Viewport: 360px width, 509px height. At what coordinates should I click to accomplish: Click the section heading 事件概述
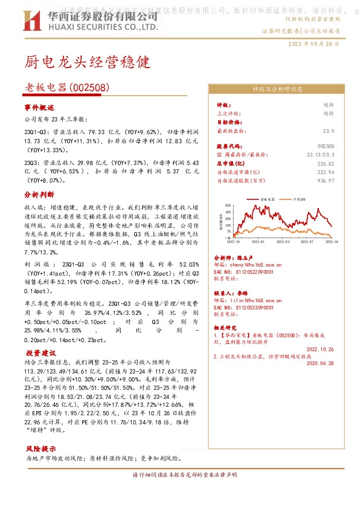point(39,107)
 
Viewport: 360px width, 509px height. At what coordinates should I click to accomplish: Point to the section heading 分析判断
point(39,195)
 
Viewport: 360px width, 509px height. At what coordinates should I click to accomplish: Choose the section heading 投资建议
point(39,352)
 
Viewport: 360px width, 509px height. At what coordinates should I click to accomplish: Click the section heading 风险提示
point(39,449)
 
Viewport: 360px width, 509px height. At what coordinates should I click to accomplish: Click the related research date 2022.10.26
point(320,349)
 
